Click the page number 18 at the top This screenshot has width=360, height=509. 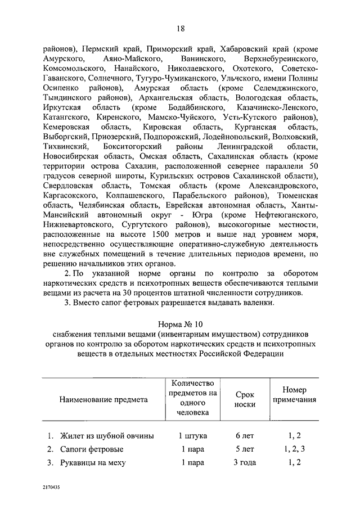[179, 29]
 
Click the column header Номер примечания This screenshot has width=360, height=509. [294, 395]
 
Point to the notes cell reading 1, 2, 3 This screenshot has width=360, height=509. [294, 449]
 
